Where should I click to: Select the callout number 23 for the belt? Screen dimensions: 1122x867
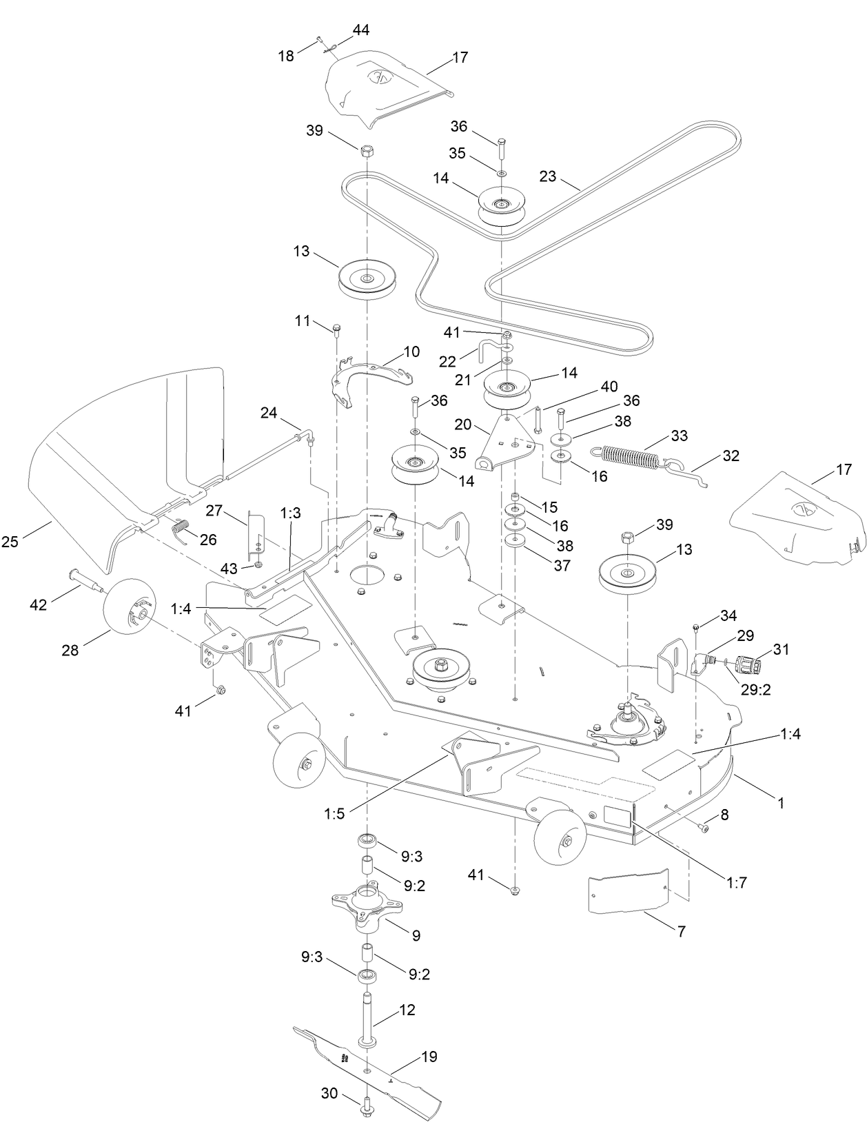[548, 176]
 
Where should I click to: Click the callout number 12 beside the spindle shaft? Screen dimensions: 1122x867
[407, 1010]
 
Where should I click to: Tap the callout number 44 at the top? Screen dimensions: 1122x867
[361, 30]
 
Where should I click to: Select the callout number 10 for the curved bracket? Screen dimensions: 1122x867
[411, 352]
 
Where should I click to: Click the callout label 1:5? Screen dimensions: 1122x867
[334, 814]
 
